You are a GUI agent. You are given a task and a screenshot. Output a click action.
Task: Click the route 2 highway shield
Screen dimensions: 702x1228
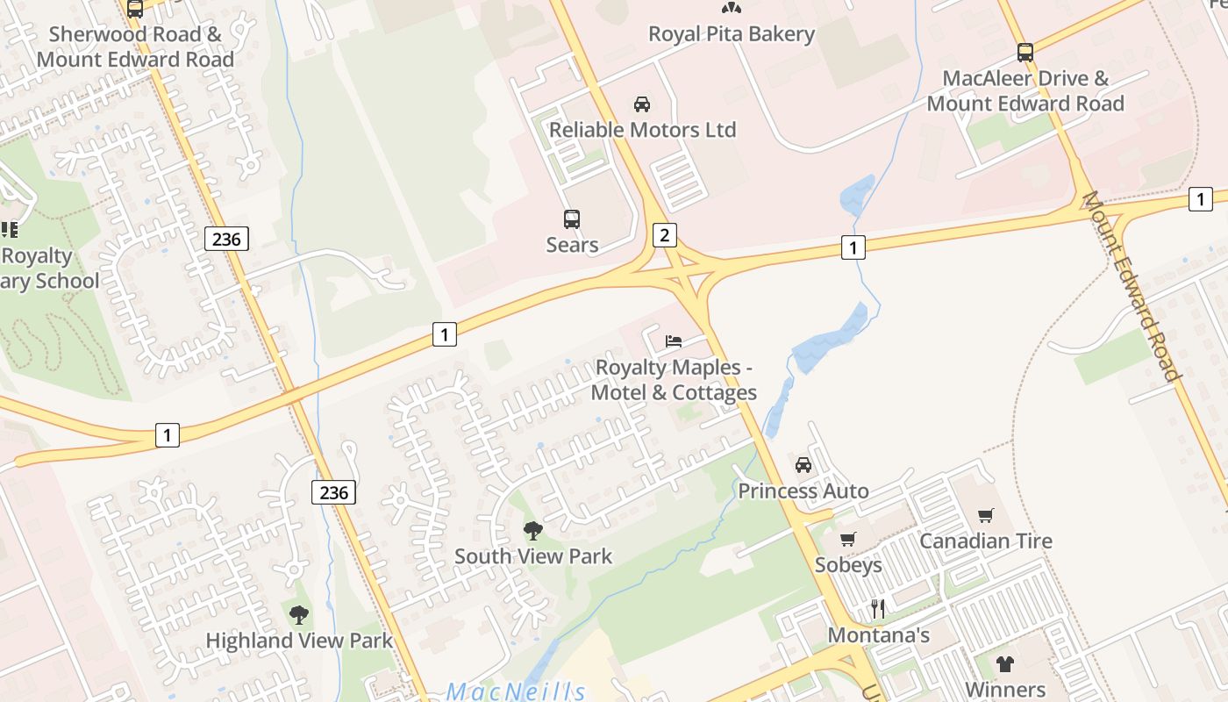click(665, 234)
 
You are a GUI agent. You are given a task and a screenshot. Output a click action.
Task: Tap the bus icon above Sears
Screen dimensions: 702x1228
click(572, 218)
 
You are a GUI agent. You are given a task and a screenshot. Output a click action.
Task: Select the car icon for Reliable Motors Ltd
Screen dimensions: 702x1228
click(642, 104)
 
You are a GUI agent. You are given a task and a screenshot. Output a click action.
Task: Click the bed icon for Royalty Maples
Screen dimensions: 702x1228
click(674, 340)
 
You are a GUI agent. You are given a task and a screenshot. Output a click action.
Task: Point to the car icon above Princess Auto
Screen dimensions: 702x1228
click(803, 465)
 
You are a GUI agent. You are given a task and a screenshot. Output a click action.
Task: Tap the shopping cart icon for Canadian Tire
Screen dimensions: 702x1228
click(986, 515)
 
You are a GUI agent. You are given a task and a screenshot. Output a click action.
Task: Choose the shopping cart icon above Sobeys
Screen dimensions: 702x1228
click(848, 539)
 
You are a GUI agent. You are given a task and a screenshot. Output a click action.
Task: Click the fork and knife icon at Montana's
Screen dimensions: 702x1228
click(878, 608)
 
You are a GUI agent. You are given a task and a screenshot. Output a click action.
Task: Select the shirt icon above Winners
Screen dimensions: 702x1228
click(1004, 663)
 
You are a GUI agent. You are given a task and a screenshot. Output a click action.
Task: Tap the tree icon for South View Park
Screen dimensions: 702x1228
click(532, 530)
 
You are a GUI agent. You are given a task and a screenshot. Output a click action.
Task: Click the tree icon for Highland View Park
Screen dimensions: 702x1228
click(299, 614)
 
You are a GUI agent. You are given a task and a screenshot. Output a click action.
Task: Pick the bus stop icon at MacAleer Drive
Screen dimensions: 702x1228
click(1025, 52)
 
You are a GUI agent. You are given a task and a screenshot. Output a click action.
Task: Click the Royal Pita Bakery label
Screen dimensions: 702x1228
click(732, 34)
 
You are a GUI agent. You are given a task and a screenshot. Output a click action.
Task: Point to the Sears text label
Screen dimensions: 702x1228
click(572, 245)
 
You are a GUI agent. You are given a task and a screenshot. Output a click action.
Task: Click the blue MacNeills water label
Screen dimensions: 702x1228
click(516, 691)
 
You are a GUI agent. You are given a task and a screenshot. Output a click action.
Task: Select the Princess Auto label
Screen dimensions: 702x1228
click(803, 491)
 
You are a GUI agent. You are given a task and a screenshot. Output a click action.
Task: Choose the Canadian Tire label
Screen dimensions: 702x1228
click(986, 541)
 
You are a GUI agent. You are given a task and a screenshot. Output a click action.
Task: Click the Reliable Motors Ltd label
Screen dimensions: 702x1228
click(642, 130)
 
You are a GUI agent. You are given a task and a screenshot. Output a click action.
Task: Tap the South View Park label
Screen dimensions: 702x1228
click(533, 556)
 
